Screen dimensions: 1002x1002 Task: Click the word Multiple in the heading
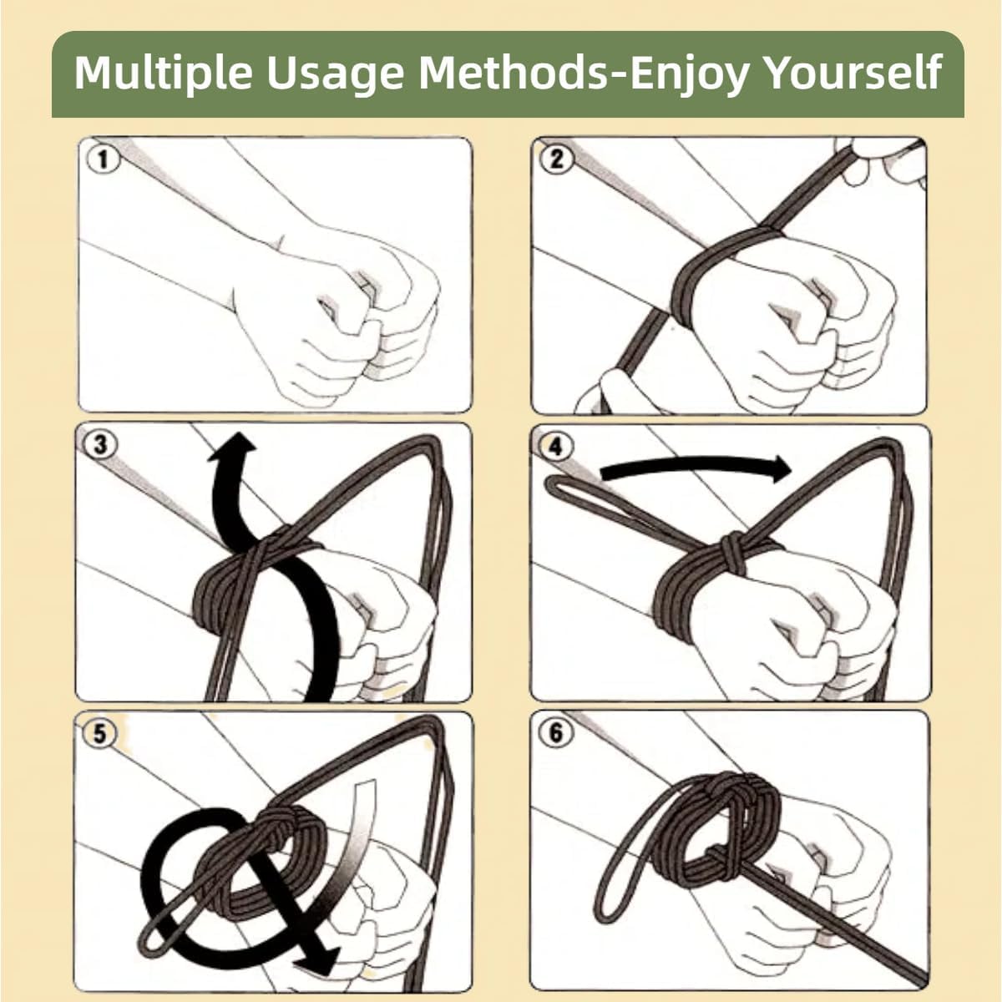[164, 73]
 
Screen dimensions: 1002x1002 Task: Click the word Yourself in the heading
[854, 73]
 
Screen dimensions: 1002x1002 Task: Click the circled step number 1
[103, 159]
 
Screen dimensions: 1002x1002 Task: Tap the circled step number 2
[556, 159]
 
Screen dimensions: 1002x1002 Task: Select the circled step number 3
[100, 444]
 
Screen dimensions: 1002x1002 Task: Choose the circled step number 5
[100, 734]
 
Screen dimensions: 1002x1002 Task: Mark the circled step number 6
[555, 732]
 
